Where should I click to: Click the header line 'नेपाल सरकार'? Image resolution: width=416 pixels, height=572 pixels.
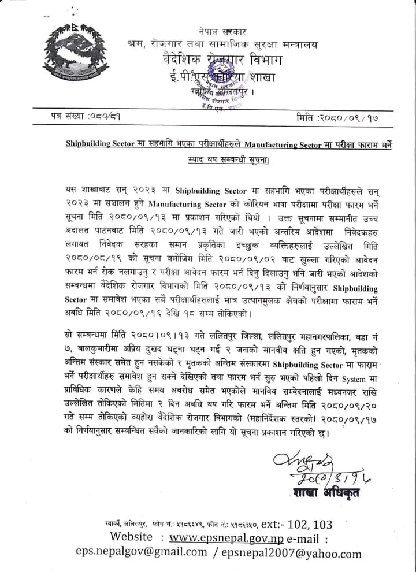222,32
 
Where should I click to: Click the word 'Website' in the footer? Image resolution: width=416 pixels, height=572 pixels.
132,537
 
